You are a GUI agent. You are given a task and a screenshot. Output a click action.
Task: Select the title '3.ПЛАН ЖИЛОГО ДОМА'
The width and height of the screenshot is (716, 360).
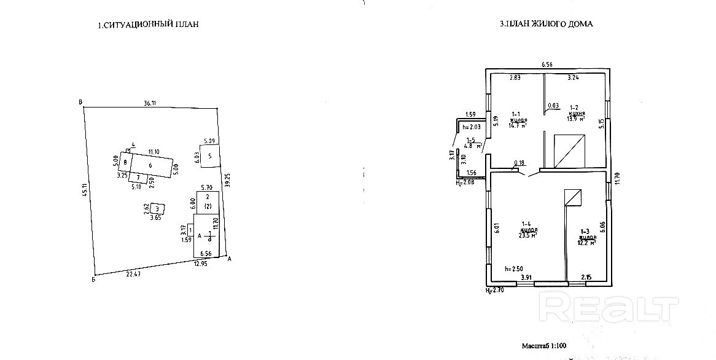546,25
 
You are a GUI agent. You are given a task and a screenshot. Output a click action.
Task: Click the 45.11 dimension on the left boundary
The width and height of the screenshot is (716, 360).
85,190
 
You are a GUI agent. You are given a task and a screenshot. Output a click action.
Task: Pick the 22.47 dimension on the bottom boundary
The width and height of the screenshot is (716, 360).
133,274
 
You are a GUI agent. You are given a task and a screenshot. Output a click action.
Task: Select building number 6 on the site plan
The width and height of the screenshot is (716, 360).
150,165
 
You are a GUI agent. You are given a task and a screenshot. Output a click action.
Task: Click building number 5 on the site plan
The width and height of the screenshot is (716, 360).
209,156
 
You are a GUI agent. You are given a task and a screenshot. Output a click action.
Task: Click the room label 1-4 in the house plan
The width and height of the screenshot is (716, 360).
526,224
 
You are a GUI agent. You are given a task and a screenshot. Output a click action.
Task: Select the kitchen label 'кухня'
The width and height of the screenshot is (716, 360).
576,114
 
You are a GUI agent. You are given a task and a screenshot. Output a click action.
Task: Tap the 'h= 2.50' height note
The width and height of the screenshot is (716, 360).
513,269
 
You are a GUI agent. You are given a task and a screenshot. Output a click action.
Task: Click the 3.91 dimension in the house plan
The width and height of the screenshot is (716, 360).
526,277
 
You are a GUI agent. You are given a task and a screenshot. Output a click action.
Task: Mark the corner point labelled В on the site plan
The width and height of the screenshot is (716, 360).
80,102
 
